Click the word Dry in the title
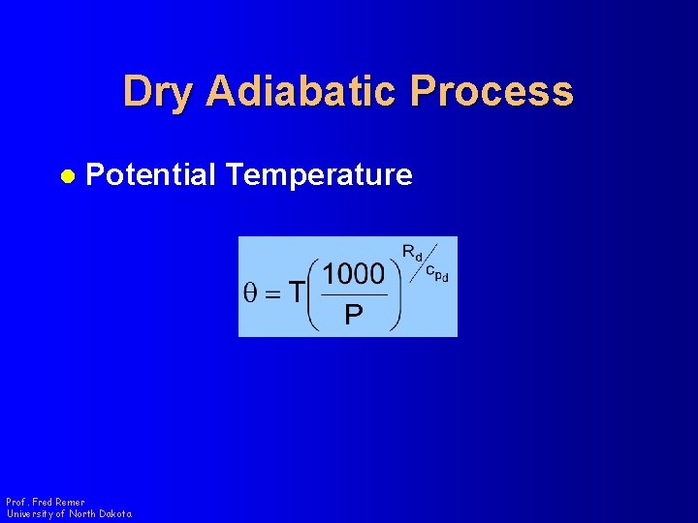158,92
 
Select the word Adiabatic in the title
301,92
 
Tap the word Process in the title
492,92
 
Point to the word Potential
150,175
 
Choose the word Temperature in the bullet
319,175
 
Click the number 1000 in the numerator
354,274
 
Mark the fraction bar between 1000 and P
354,295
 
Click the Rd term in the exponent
412,255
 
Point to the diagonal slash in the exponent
424,261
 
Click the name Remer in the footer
71,503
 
